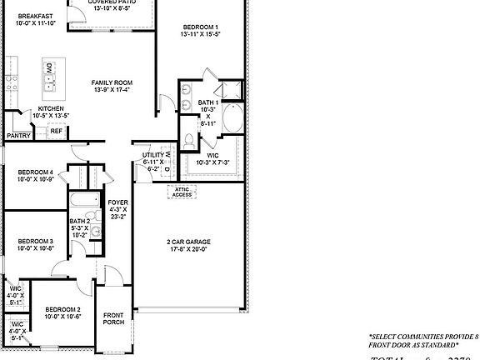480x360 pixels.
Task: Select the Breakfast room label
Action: pyautogui.click(x=35, y=16)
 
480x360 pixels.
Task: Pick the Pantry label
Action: pyautogui.click(x=18, y=135)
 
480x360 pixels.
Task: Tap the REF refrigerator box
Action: pyautogui.click(x=57, y=131)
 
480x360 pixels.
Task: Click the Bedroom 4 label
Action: pyautogui.click(x=35, y=172)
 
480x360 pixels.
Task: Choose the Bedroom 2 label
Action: pyautogui.click(x=62, y=309)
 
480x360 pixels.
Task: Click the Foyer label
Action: pyautogui.click(x=117, y=202)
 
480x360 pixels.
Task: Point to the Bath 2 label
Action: pyautogui.click(x=78, y=221)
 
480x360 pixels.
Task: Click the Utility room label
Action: pyautogui.click(x=152, y=155)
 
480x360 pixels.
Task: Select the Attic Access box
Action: pyautogui.click(x=182, y=192)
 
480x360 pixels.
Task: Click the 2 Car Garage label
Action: pyautogui.click(x=186, y=242)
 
